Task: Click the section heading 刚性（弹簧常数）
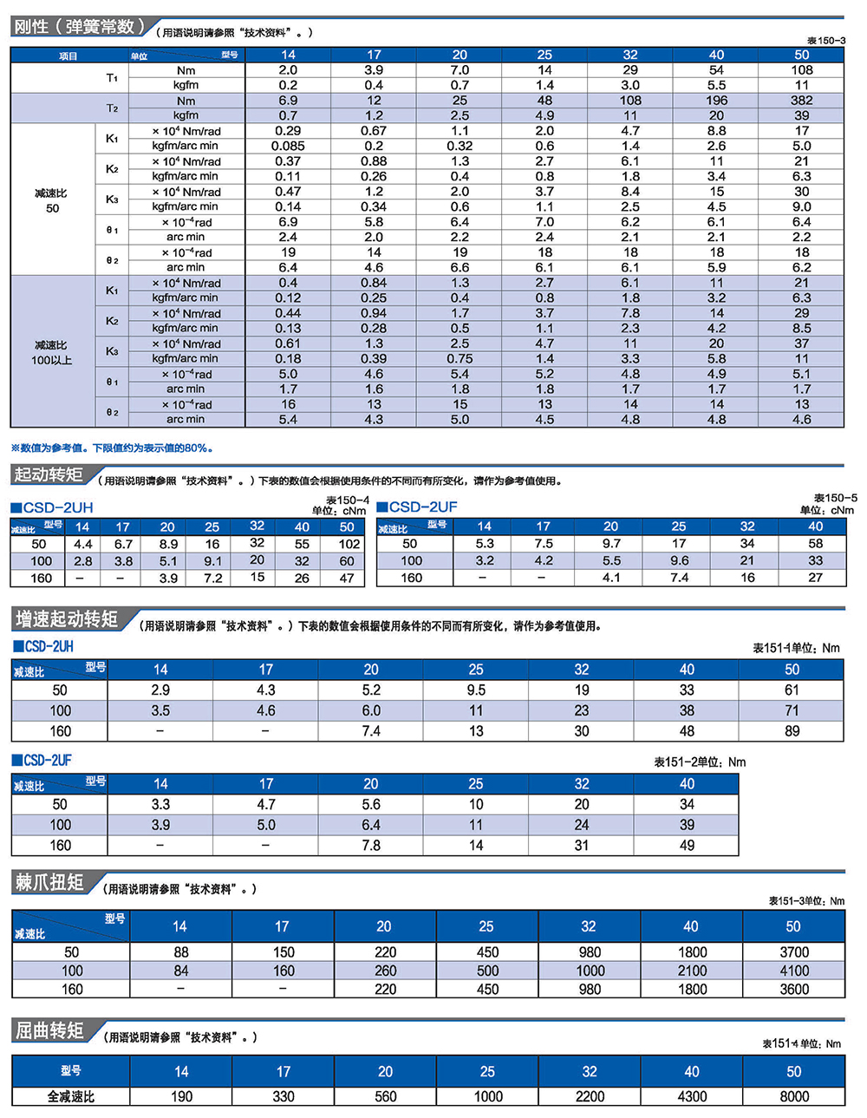point(75,27)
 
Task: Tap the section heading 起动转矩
point(49,474)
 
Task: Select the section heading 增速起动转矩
point(67,619)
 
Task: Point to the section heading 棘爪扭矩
point(49,883)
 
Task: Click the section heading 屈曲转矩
point(49,1030)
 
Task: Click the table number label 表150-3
point(825,41)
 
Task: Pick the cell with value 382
point(801,101)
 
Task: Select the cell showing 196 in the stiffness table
point(716,101)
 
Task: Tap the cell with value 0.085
point(288,146)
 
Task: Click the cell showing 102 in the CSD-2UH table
point(349,544)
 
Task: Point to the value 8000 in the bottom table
point(793,1096)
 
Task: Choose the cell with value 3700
point(793,952)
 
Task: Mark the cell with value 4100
point(793,971)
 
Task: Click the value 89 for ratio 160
point(792,731)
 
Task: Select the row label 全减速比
point(71,1096)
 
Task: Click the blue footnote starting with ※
point(112,448)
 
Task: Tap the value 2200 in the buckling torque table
point(590,1096)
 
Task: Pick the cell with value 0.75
point(460,358)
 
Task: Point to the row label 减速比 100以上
point(52,352)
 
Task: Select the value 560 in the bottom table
point(386,1096)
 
